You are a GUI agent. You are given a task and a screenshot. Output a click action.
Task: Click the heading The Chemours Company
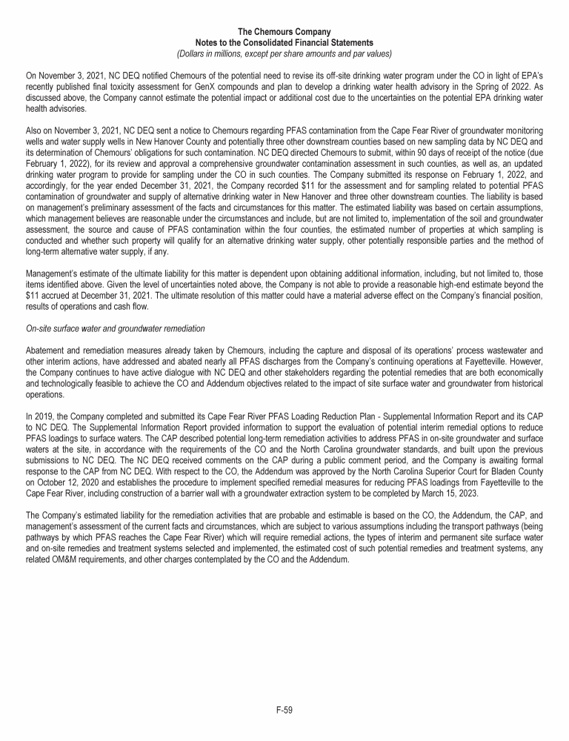click(x=284, y=32)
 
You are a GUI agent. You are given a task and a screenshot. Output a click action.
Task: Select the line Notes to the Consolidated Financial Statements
click(x=284, y=43)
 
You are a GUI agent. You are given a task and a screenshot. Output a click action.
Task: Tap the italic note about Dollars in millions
click(x=284, y=53)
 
